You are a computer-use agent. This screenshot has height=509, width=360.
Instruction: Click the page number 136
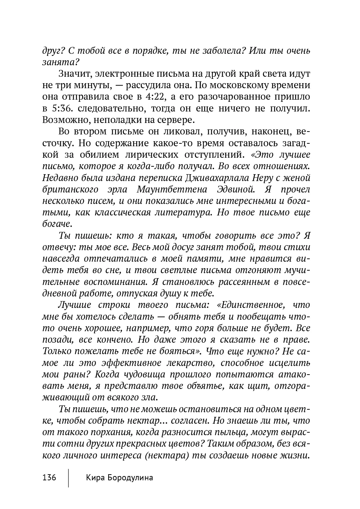click(x=49, y=478)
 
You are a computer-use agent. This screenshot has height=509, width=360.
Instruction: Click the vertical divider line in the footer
click(x=68, y=477)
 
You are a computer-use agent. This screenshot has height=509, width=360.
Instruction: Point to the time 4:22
click(x=152, y=97)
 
